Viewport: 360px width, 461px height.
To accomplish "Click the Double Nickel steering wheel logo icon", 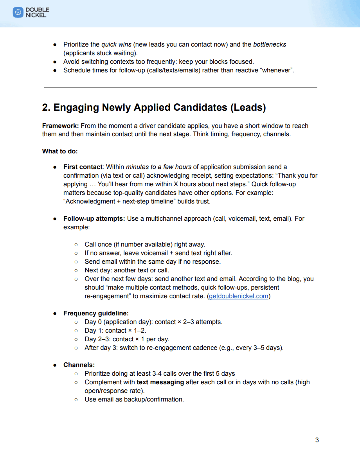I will pyautogui.click(x=18, y=13).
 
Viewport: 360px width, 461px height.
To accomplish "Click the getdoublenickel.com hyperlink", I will pyautogui.click(x=239, y=296).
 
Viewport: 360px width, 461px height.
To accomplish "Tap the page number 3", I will pyautogui.click(x=317, y=440).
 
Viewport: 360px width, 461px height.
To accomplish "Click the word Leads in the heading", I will pyautogui.click(x=247, y=108).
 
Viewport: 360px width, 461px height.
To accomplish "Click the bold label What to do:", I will pyautogui.click(x=60, y=151).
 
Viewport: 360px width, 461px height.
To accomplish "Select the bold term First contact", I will pyautogui.click(x=83, y=167).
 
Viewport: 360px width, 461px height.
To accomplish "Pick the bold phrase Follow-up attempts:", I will pyautogui.click(x=94, y=219).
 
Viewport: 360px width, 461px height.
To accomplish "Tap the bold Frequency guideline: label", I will pyautogui.click(x=96, y=313).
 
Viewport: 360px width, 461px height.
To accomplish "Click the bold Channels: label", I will pyautogui.click(x=79, y=365).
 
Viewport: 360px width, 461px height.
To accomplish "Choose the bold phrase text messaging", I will pyautogui.click(x=160, y=382).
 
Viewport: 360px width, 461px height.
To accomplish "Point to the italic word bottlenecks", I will pyautogui.click(x=270, y=45).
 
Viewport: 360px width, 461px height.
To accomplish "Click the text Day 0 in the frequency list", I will pyautogui.click(x=93, y=322).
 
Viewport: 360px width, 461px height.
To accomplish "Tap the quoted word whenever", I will pyautogui.click(x=276, y=70).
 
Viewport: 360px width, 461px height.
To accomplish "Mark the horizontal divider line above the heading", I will pyautogui.click(x=180, y=88).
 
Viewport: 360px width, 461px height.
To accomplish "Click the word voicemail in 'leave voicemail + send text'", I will pyautogui.click(x=155, y=253).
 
